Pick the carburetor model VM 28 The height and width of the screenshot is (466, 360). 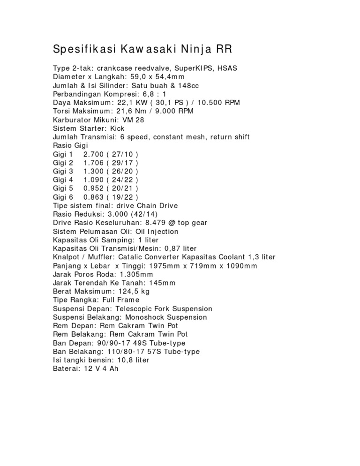(x=134, y=120)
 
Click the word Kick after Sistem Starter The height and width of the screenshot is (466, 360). (x=114, y=128)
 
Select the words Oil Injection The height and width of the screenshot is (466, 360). (x=157, y=231)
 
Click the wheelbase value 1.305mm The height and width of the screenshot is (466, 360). (x=136, y=274)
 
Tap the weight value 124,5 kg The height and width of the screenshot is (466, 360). (x=134, y=292)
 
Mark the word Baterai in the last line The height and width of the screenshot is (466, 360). (x=66, y=369)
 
